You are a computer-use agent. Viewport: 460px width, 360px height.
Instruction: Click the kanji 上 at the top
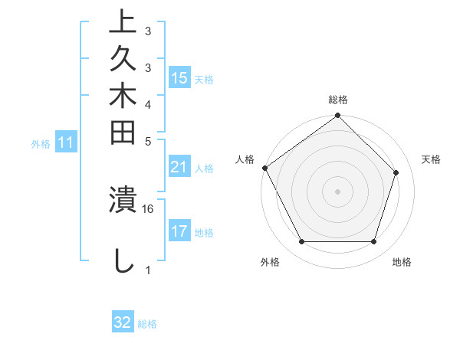(123, 23)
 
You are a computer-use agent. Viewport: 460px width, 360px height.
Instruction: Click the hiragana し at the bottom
(123, 260)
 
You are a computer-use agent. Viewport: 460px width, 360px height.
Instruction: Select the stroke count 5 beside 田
(148, 141)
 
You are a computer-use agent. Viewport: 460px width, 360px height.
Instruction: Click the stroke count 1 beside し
(148, 270)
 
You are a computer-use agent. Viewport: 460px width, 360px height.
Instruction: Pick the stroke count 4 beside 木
(148, 103)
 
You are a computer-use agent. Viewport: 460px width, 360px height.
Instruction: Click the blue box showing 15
(179, 78)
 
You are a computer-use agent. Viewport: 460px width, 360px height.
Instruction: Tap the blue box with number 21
(179, 168)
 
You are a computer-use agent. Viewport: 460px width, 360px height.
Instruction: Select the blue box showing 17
(179, 231)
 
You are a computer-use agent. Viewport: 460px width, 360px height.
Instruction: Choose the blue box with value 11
(66, 142)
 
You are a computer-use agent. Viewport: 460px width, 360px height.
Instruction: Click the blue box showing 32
(123, 322)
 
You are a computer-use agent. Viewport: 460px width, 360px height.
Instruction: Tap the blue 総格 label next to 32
(148, 324)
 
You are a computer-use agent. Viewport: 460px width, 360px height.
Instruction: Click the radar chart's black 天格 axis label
(431, 159)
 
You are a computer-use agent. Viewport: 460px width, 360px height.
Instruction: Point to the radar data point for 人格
(265, 168)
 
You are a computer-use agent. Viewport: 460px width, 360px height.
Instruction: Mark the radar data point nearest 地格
(374, 242)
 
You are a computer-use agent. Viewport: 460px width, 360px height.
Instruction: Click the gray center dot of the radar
(338, 191)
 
